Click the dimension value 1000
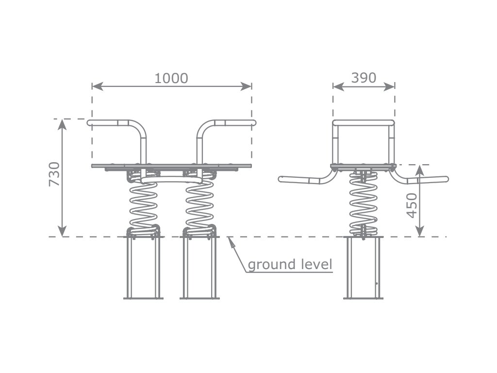coord(171,78)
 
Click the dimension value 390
coord(364,77)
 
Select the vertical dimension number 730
coord(54,174)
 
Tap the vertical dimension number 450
coord(412,205)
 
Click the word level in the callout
coord(315,264)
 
